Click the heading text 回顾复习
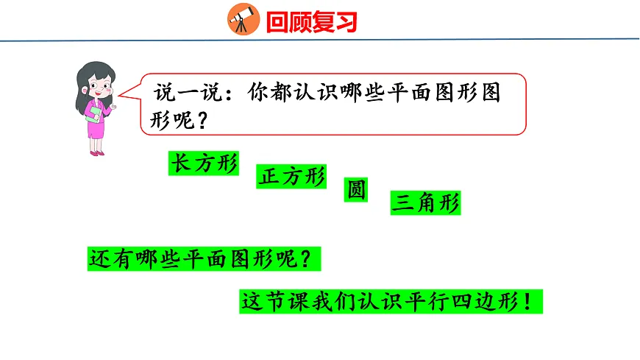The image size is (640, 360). [312, 22]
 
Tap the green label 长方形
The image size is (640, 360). [204, 164]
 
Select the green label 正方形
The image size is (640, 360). [291, 177]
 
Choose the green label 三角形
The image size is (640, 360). [426, 203]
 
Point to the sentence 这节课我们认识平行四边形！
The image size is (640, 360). [391, 303]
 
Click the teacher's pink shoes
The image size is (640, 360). [96, 152]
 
